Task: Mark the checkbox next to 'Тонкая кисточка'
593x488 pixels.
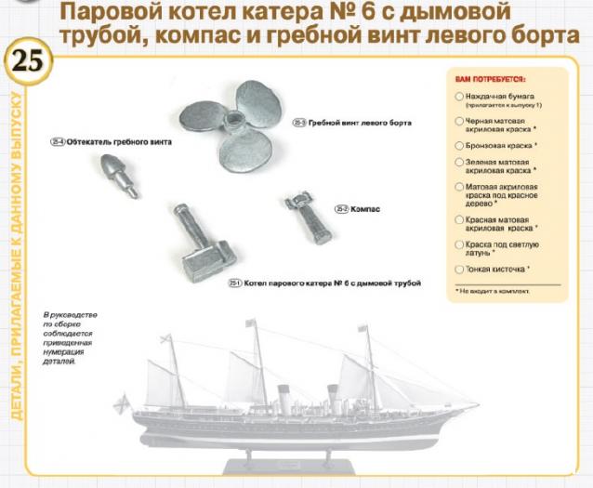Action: coord(459,270)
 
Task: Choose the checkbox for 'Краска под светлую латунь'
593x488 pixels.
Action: coord(459,244)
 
